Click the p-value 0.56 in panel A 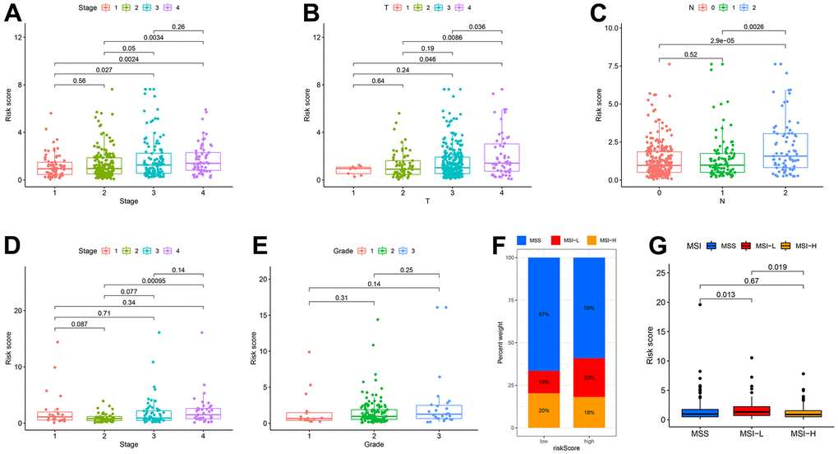[80, 81]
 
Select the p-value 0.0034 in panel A [153, 38]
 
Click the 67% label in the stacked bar [544, 314]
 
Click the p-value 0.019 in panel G [777, 267]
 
